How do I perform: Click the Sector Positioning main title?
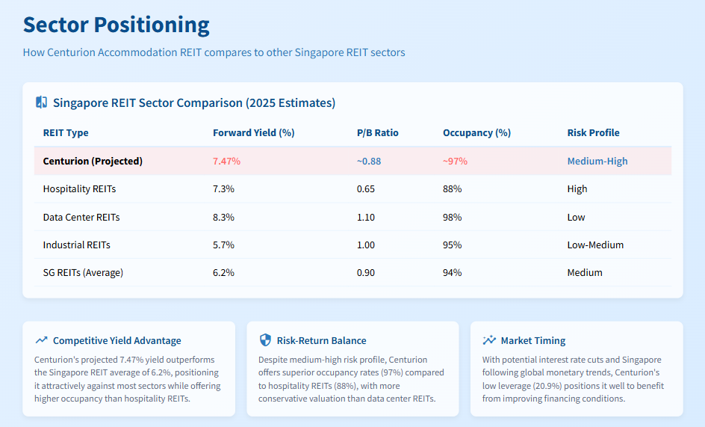[x=116, y=25]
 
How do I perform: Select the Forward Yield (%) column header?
[x=253, y=133]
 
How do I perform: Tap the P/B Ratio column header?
[x=377, y=133]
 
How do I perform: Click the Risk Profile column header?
[x=593, y=133]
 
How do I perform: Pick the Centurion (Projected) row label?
[x=93, y=162]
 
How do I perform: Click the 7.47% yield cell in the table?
[x=226, y=162]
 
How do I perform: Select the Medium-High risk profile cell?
[x=597, y=162]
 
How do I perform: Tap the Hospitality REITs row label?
[x=79, y=189]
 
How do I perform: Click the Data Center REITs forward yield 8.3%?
[x=223, y=218]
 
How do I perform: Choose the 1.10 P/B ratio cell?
[x=365, y=218]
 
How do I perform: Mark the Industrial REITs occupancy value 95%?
[x=452, y=245]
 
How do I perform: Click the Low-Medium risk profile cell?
[x=595, y=245]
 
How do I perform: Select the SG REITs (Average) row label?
[x=83, y=273]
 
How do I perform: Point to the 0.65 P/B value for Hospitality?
[x=365, y=189]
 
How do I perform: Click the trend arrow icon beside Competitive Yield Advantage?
[x=41, y=340]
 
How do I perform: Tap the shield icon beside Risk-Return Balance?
[x=265, y=340]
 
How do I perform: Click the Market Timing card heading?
[x=533, y=340]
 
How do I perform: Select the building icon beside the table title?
[x=42, y=102]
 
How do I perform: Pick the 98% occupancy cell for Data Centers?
[x=452, y=218]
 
